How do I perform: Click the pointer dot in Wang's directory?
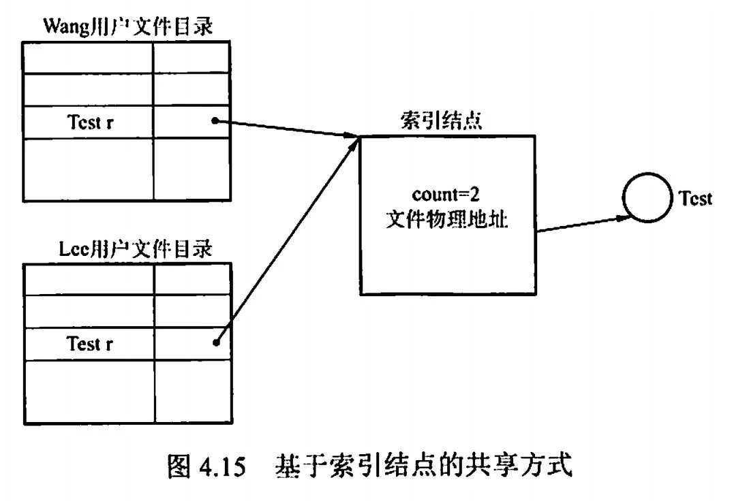(x=215, y=121)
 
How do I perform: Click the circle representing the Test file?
(x=645, y=199)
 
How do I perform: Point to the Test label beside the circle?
(x=695, y=198)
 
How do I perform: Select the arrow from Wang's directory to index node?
(x=286, y=129)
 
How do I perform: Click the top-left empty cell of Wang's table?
(x=88, y=58)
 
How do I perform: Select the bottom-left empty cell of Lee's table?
(x=89, y=391)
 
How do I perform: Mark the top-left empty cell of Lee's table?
(x=89, y=279)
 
